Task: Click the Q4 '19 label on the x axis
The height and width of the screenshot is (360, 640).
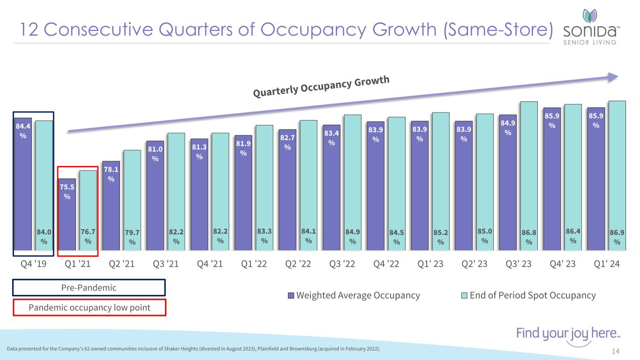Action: point(33,264)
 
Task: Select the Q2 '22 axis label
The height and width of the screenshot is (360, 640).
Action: point(298,264)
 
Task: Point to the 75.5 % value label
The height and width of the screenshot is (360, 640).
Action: point(67,192)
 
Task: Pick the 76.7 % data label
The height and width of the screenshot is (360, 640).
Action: point(88,236)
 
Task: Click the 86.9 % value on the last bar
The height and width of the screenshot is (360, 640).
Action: point(617,236)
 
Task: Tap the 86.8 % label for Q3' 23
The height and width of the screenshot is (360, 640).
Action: point(529,236)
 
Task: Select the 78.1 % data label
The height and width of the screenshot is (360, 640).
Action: point(111,174)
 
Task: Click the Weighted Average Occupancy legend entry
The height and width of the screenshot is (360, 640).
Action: point(354,295)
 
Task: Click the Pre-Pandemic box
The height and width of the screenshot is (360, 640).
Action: point(89,288)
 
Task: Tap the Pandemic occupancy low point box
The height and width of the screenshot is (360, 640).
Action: point(89,307)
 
